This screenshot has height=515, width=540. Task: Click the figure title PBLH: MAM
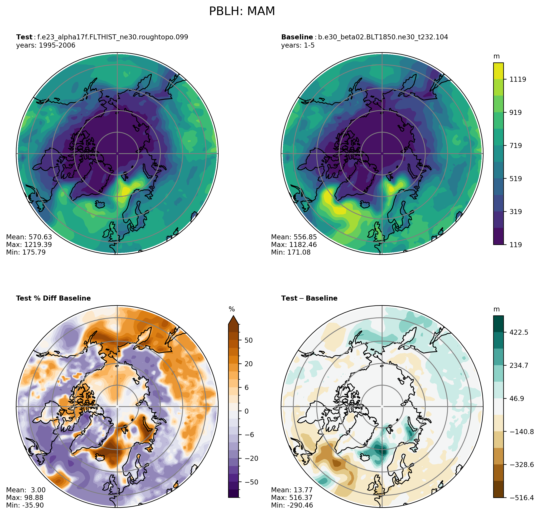[x=242, y=11]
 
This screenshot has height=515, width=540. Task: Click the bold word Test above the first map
[x=24, y=37]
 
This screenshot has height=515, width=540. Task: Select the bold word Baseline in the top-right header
[x=297, y=37]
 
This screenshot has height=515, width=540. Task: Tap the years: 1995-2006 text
[x=46, y=45]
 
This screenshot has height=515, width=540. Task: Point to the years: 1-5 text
[x=298, y=45]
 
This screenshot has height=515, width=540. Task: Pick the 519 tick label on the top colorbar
[x=515, y=179]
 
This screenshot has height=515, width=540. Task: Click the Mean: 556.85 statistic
[x=294, y=237]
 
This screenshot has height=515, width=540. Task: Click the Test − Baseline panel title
[x=309, y=298]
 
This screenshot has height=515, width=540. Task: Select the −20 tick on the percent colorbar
[x=250, y=458]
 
